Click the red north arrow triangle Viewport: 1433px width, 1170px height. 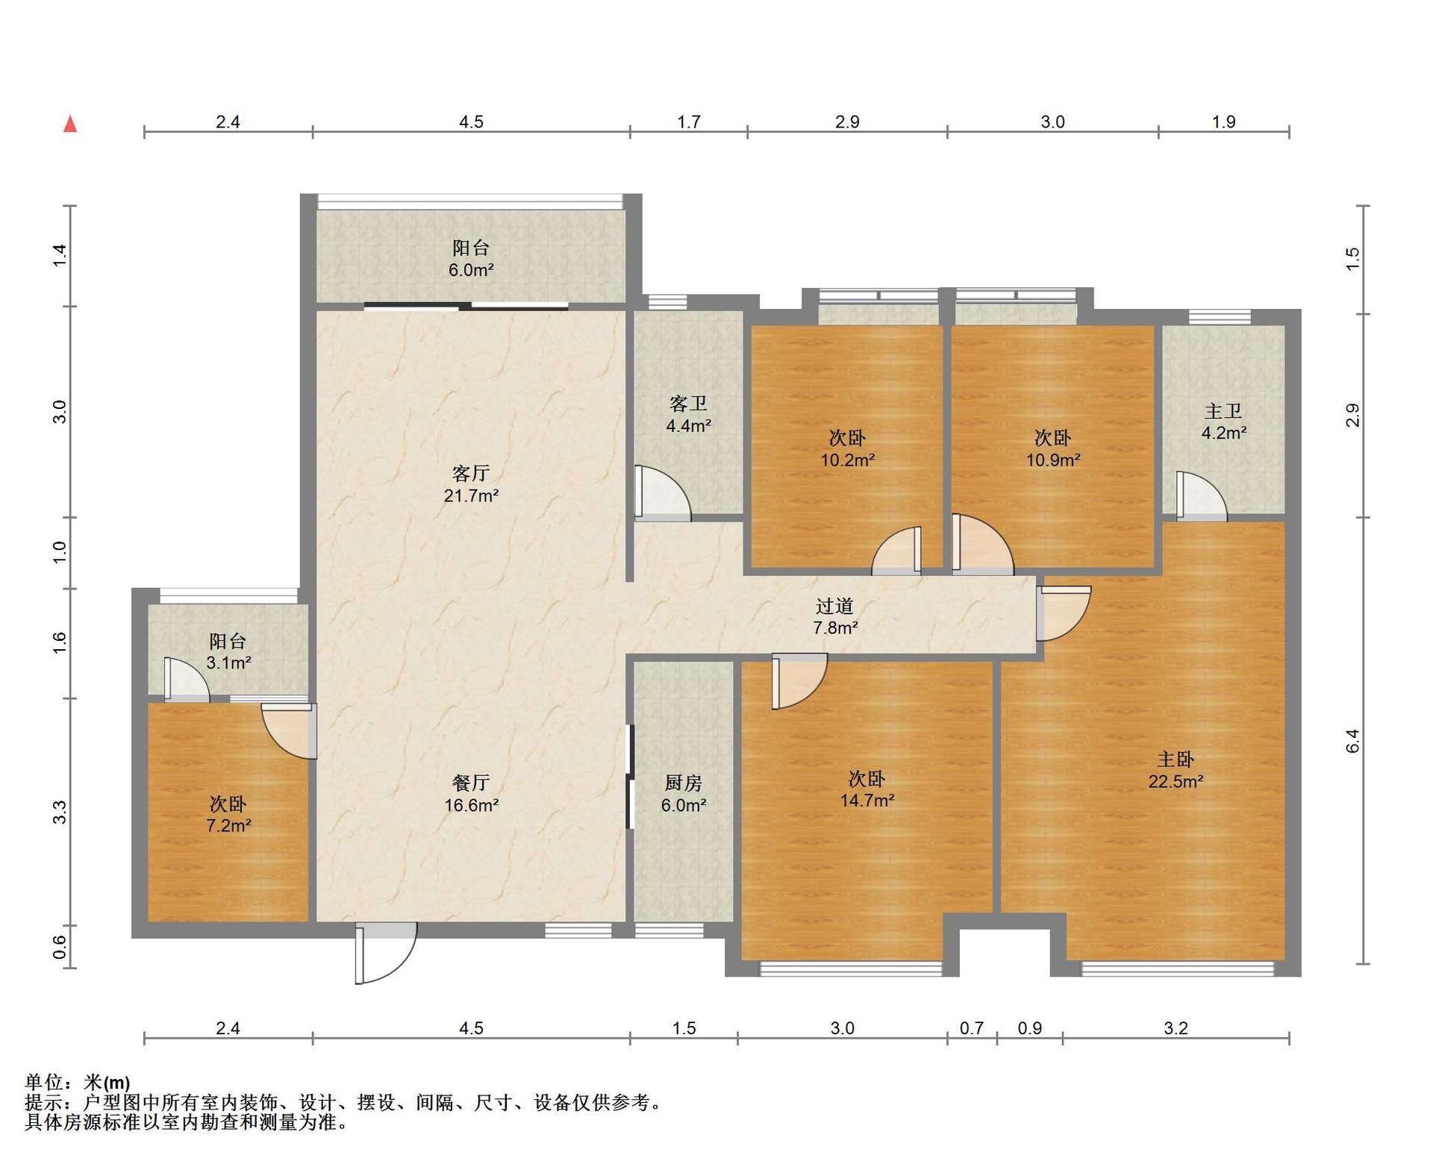pyautogui.click(x=70, y=124)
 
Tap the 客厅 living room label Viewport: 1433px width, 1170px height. pyautogui.click(x=471, y=484)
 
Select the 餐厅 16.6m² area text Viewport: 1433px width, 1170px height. pyautogui.click(x=471, y=793)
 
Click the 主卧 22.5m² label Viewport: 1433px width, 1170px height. pyautogui.click(x=1176, y=770)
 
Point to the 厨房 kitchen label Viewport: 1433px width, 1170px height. pyautogui.click(x=684, y=793)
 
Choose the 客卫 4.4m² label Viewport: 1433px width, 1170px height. pyautogui.click(x=688, y=414)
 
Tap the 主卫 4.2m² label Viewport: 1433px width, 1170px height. pyautogui.click(x=1224, y=421)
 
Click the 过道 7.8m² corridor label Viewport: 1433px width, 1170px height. pyautogui.click(x=835, y=616)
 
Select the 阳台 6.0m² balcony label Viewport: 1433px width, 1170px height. pyautogui.click(x=471, y=258)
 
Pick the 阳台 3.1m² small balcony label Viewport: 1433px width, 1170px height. pyautogui.click(x=228, y=651)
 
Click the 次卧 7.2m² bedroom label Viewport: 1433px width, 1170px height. pyautogui.click(x=228, y=814)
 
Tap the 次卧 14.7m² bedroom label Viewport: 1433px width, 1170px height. pyautogui.click(x=867, y=789)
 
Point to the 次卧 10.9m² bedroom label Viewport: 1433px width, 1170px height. pyautogui.click(x=1052, y=448)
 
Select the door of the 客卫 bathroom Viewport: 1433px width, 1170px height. pyautogui.click(x=662, y=492)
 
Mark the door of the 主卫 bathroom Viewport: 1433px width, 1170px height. pyautogui.click(x=1202, y=495)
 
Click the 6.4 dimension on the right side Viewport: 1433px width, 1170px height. pyautogui.click(x=1352, y=741)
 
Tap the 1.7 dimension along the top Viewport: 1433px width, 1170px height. pyautogui.click(x=688, y=122)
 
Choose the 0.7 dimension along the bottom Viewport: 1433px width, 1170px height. pyautogui.click(x=971, y=1028)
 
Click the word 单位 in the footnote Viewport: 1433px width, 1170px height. pyautogui.click(x=43, y=1082)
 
